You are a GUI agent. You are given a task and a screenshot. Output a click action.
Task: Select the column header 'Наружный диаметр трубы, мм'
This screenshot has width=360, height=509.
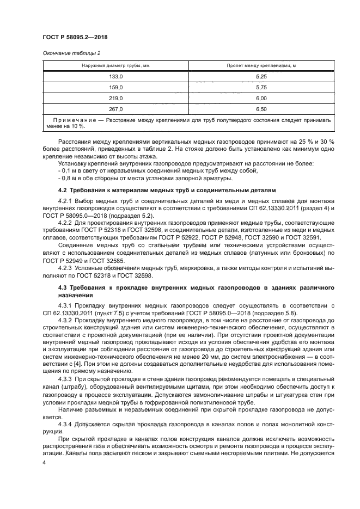(116, 66)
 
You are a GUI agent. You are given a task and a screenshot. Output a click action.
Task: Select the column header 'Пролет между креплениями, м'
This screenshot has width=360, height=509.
(261, 66)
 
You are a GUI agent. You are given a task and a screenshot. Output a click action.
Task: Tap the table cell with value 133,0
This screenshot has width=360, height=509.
(116, 77)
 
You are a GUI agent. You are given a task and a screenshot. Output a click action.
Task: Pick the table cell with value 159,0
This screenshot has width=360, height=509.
(116, 88)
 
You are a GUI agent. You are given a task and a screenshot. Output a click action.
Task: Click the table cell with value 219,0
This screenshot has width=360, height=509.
(116, 98)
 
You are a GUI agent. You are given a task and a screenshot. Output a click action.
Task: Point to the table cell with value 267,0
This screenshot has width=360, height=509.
(116, 109)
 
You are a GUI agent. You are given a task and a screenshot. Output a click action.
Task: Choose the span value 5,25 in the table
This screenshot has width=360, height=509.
(261, 77)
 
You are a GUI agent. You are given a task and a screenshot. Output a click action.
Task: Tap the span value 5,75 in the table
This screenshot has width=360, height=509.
(261, 88)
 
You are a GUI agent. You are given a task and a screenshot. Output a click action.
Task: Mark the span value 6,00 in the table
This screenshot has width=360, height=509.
(261, 98)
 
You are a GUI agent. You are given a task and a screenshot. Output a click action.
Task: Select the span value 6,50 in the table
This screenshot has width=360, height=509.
(261, 109)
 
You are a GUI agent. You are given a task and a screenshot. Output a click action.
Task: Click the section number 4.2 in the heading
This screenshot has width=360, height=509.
(62, 189)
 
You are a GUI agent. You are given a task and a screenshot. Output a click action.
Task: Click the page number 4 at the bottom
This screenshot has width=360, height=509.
(44, 462)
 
